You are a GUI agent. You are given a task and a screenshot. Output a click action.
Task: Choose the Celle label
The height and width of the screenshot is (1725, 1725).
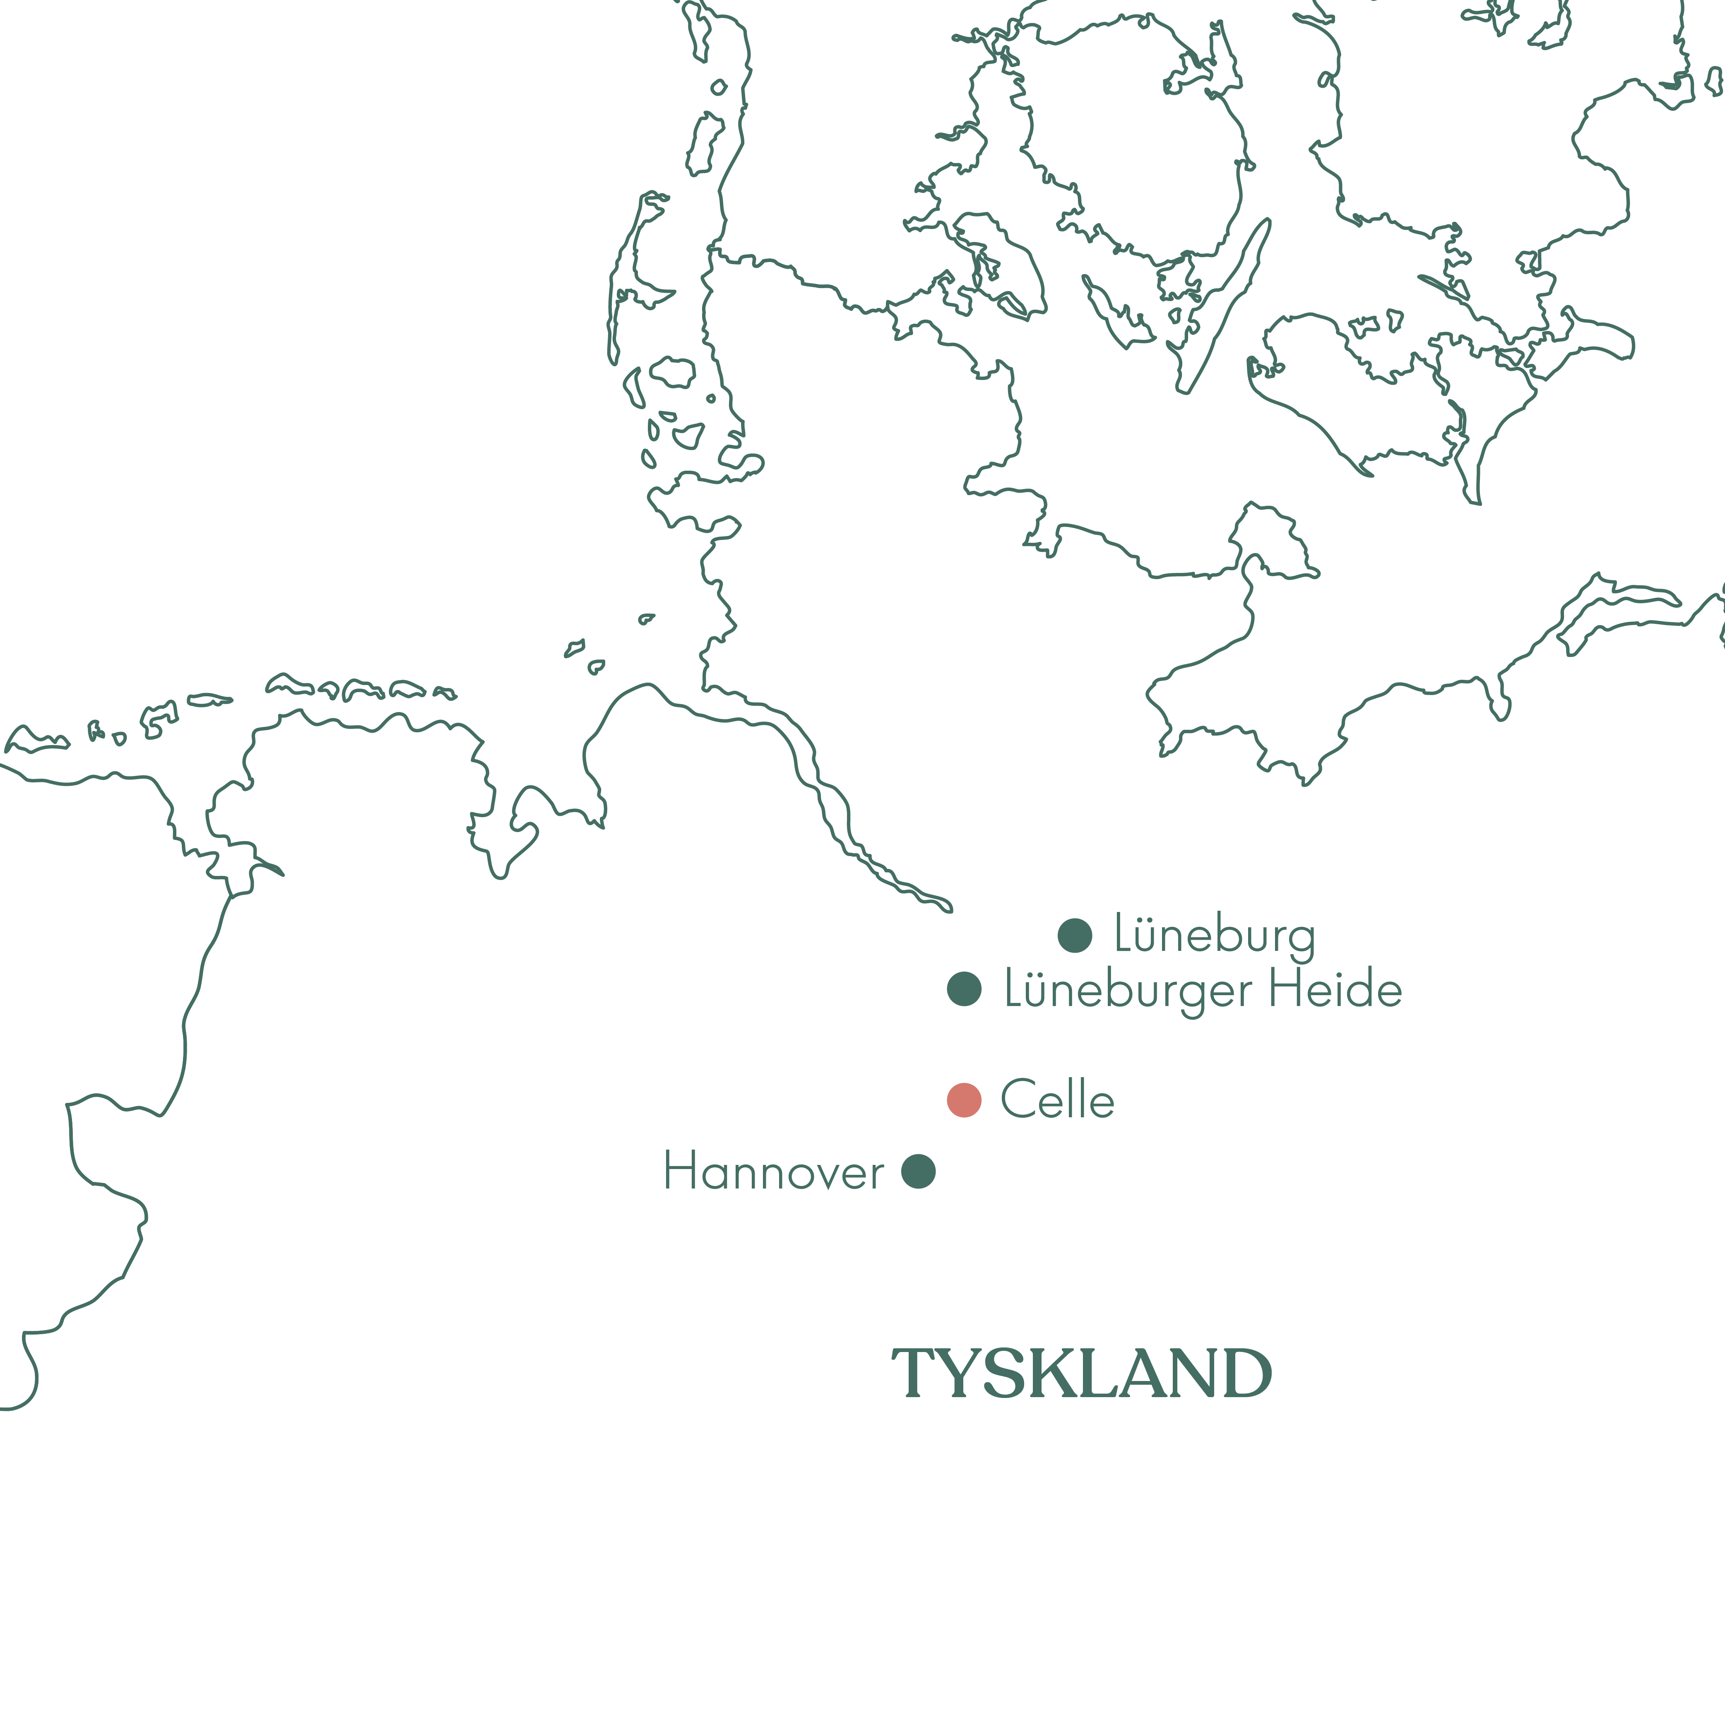[1057, 1100]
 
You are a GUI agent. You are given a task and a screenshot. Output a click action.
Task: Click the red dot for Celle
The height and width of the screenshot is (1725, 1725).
[964, 1100]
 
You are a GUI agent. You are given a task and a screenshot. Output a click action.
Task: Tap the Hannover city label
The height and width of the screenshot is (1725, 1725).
[773, 1172]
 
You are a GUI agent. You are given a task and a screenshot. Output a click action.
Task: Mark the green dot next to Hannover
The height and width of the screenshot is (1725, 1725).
[918, 1172]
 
